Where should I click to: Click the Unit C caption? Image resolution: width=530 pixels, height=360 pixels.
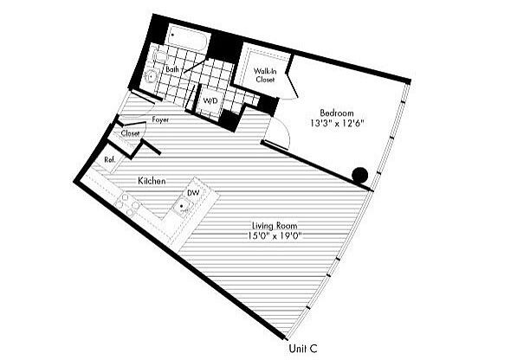pyautogui.click(x=303, y=349)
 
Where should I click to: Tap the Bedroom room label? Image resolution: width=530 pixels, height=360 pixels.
pyautogui.click(x=337, y=112)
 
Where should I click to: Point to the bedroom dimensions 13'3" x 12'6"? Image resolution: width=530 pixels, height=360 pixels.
pyautogui.click(x=337, y=123)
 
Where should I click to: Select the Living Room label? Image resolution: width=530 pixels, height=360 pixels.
pyautogui.click(x=275, y=226)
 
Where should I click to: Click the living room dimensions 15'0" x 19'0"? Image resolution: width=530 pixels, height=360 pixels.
pyautogui.click(x=275, y=236)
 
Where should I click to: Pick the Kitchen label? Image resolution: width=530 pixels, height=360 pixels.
pyautogui.click(x=152, y=181)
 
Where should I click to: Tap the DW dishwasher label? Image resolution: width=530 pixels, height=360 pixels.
pyautogui.click(x=193, y=193)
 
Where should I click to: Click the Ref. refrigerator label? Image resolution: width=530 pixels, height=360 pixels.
pyautogui.click(x=110, y=159)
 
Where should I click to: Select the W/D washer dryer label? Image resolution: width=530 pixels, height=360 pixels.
pyautogui.click(x=210, y=100)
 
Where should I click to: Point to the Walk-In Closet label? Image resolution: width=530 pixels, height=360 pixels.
pyautogui.click(x=265, y=75)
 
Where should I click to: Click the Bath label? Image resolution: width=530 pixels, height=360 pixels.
pyautogui.click(x=172, y=69)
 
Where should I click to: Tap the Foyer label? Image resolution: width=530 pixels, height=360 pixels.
pyautogui.click(x=160, y=119)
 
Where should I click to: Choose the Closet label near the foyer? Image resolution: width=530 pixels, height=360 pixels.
pyautogui.click(x=130, y=133)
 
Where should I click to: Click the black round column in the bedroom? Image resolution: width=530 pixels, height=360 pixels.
pyautogui.click(x=359, y=176)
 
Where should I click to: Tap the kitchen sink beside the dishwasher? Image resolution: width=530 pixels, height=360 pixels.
pyautogui.click(x=183, y=206)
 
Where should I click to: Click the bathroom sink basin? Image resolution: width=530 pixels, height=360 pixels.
pyautogui.click(x=150, y=77)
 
